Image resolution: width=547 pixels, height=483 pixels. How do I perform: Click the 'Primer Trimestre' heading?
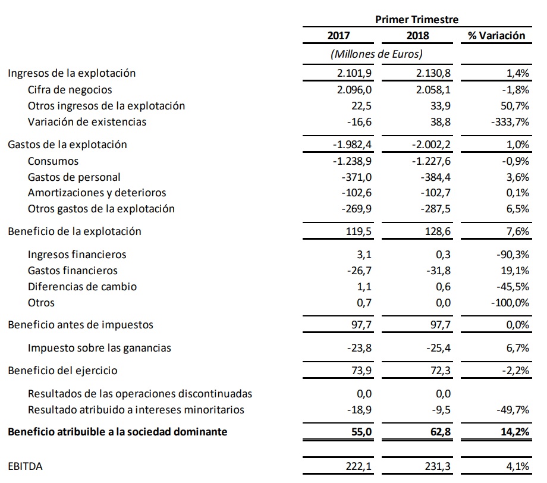[x=416, y=19]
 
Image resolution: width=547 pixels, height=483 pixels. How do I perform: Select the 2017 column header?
[x=339, y=36]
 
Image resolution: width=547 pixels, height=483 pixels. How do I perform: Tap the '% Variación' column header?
[x=496, y=36]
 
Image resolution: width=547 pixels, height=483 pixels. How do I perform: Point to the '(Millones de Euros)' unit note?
[x=376, y=54]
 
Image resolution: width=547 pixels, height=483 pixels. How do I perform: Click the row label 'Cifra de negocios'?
[x=70, y=90]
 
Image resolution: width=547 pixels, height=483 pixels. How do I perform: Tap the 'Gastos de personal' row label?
[x=74, y=177]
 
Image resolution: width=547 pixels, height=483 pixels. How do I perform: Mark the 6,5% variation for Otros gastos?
[x=517, y=209]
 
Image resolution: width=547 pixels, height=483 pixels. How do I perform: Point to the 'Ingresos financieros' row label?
[x=77, y=255]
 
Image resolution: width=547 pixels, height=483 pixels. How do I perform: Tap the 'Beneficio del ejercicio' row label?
[x=62, y=371]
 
